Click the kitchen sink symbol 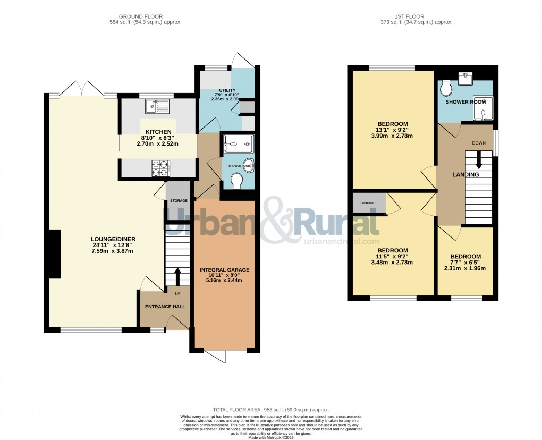tap(159, 106)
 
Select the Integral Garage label tap(224, 270)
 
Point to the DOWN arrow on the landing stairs tap(479, 159)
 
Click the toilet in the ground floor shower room tap(237, 182)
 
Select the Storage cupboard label tap(179, 200)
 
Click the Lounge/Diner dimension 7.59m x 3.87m tap(112, 251)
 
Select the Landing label tap(465, 174)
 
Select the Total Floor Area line tap(271, 410)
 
